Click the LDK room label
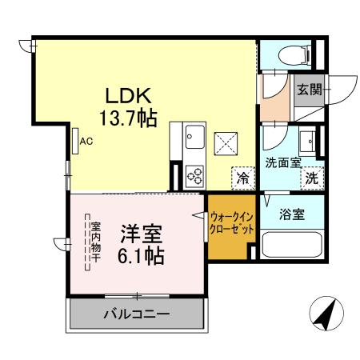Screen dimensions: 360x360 pos(125,94)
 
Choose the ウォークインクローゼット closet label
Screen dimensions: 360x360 pos(232,222)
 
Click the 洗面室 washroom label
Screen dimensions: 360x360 pos(282,162)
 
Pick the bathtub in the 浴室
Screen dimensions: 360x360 pos(292,244)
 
